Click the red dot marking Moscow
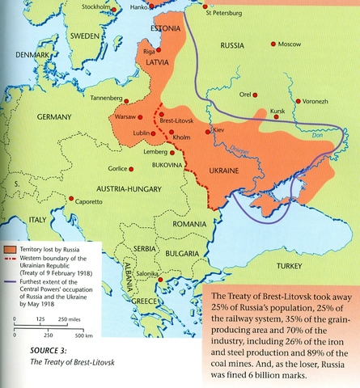coord(273,44)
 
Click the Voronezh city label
coord(316,102)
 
